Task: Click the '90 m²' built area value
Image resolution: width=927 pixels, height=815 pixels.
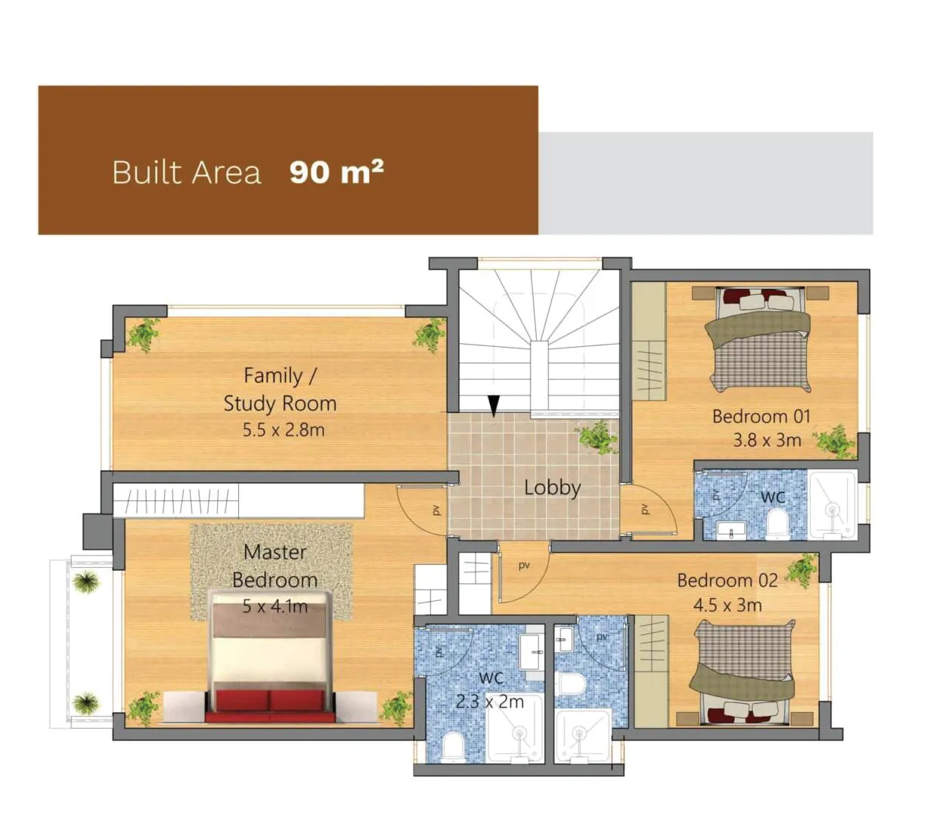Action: pyautogui.click(x=336, y=172)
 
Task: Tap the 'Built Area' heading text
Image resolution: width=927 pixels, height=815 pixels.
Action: pyautogui.click(x=186, y=172)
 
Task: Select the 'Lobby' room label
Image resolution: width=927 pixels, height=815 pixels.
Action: pyautogui.click(x=552, y=488)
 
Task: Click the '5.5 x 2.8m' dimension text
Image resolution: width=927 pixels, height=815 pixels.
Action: pyautogui.click(x=284, y=429)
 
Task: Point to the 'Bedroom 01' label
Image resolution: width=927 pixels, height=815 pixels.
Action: pyautogui.click(x=761, y=417)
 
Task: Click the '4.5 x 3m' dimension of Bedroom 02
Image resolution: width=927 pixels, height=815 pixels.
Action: pyautogui.click(x=727, y=606)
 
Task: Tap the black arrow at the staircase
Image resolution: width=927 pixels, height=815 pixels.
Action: pyautogui.click(x=493, y=406)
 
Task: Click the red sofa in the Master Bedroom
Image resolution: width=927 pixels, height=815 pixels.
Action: pyautogui.click(x=270, y=705)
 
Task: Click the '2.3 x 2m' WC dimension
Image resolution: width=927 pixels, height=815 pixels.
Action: pyautogui.click(x=489, y=702)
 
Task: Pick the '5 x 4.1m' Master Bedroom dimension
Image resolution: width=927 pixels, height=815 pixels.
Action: pyautogui.click(x=274, y=606)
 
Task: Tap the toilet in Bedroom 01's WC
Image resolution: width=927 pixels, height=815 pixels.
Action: pyautogui.click(x=777, y=525)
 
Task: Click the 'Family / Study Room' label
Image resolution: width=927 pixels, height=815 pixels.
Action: pyautogui.click(x=280, y=389)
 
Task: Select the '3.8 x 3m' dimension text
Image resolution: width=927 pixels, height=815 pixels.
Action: pyautogui.click(x=767, y=440)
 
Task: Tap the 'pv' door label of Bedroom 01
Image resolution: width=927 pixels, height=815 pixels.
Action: pyautogui.click(x=644, y=508)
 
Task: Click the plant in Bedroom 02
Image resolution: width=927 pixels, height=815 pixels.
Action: pyautogui.click(x=801, y=570)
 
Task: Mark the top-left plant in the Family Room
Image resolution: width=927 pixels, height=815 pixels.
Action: pyautogui.click(x=144, y=334)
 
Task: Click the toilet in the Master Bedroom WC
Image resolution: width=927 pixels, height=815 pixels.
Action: pyautogui.click(x=454, y=746)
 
